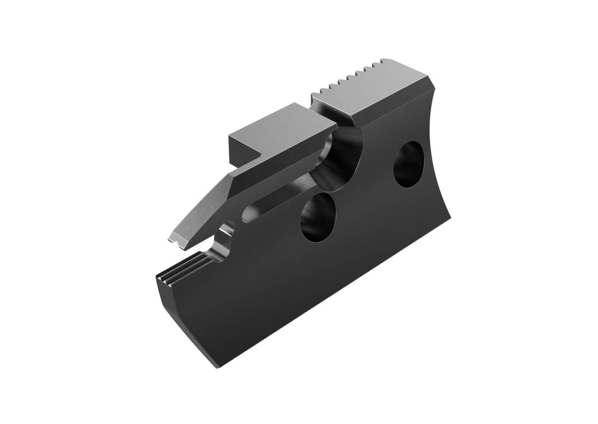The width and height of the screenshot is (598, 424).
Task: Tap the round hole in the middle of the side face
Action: point(318,217)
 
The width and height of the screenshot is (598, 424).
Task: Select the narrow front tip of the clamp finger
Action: point(173,239)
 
